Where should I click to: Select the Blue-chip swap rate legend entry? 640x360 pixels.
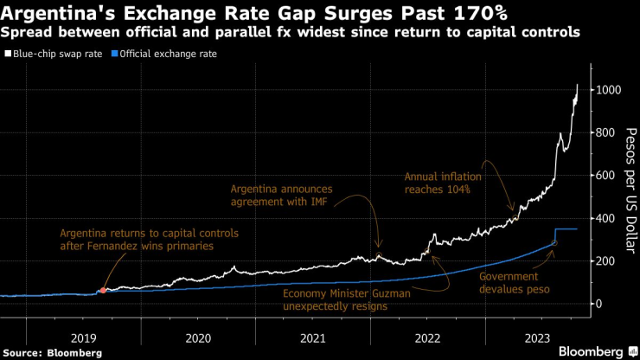pos(54,54)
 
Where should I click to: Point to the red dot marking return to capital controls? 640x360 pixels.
pos(104,291)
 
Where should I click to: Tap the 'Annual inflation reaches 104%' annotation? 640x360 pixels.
pos(442,183)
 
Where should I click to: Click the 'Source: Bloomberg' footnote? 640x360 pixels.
pos(53,353)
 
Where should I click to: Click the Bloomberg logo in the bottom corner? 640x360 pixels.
pos(592,351)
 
